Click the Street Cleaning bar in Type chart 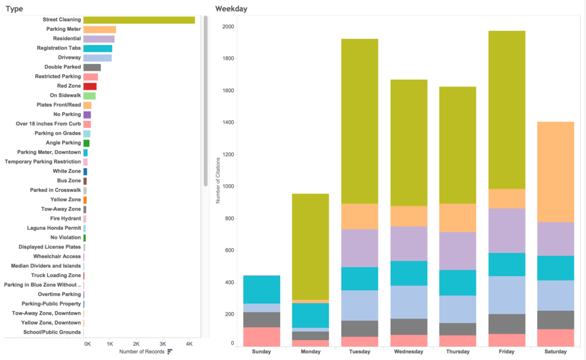pyautogui.click(x=139, y=20)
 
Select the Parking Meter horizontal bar pyautogui.click(x=100, y=29)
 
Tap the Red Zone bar pyautogui.click(x=90, y=86)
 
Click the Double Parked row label pyautogui.click(x=63, y=67)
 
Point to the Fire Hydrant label pyautogui.click(x=66, y=219)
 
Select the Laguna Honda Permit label pyautogui.click(x=54, y=228)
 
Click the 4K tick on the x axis pyautogui.click(x=189, y=344)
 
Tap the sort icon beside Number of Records pyautogui.click(x=170, y=351)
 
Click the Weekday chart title pyautogui.click(x=231, y=9)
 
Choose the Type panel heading pyautogui.click(x=14, y=9)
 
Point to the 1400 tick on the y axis pyautogui.click(x=228, y=123)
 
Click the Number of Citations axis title pyautogui.click(x=218, y=180)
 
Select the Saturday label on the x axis pyautogui.click(x=556, y=352)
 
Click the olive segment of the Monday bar pyautogui.click(x=311, y=247)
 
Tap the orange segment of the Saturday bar pyautogui.click(x=556, y=172)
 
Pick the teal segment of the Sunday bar pyautogui.click(x=261, y=290)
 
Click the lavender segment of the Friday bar pyautogui.click(x=507, y=230)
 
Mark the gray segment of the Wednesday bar pyautogui.click(x=409, y=327)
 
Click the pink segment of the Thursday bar pyautogui.click(x=458, y=341)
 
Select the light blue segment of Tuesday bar pyautogui.click(x=360, y=305)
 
